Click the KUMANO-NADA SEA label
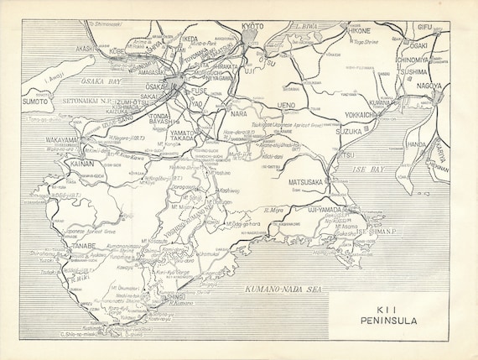(x=285, y=288)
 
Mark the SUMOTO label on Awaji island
(x=36, y=101)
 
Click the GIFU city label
(x=425, y=27)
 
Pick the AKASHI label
(x=86, y=49)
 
